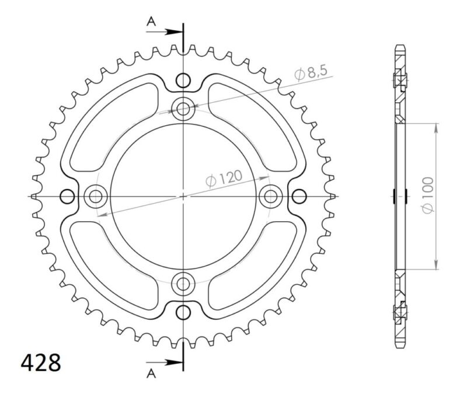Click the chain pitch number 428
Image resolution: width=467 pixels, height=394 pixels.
[x=41, y=362]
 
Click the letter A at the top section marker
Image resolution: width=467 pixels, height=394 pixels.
[x=151, y=22]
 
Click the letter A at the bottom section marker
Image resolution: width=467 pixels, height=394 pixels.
[x=151, y=372]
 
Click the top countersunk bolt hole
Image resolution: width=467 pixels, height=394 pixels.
[x=184, y=108]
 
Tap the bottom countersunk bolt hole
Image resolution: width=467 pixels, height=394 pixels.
[x=184, y=284]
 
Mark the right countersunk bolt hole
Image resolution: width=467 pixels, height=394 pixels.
[x=271, y=196]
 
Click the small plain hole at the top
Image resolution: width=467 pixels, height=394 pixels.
[x=184, y=80]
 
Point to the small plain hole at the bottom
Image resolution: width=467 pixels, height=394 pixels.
[x=184, y=311]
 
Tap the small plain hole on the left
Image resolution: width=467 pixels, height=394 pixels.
[x=68, y=196]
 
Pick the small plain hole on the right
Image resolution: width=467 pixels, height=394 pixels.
[x=299, y=196]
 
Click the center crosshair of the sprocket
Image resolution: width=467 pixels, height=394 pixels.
[x=184, y=196]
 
